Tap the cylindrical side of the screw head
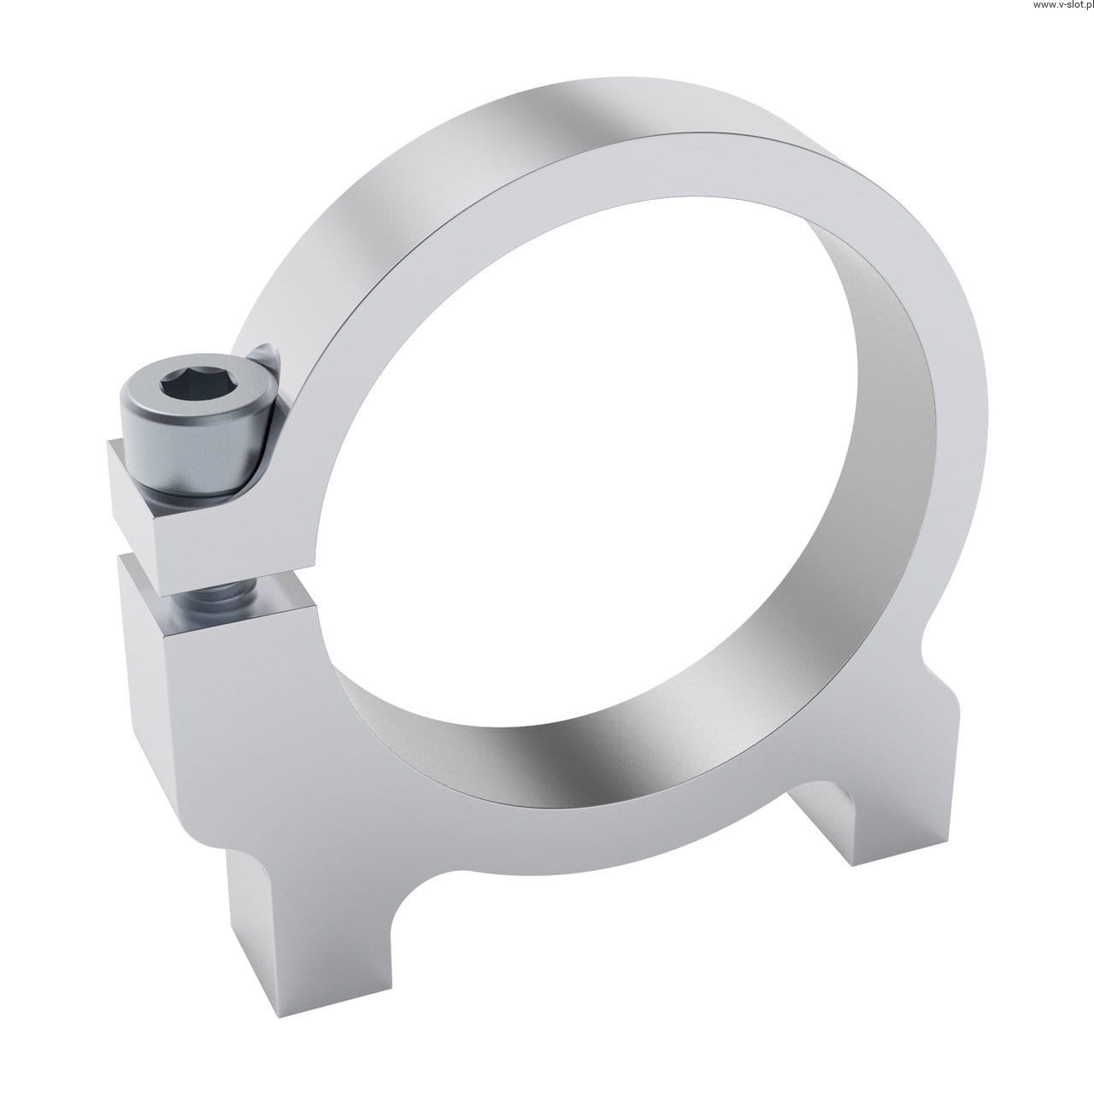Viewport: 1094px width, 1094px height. [193, 449]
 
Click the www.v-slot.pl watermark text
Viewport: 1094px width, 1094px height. [1062, 5]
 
